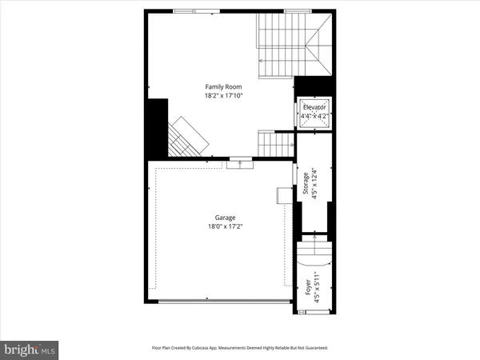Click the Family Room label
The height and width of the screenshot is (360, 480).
222,86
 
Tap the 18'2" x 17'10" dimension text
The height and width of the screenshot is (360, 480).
222,95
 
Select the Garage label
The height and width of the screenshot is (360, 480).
224,218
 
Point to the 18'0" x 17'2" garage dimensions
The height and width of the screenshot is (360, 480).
224,226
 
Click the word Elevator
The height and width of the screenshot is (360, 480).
314,107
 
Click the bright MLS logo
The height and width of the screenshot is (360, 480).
30,349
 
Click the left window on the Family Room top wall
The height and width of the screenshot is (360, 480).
194,11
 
